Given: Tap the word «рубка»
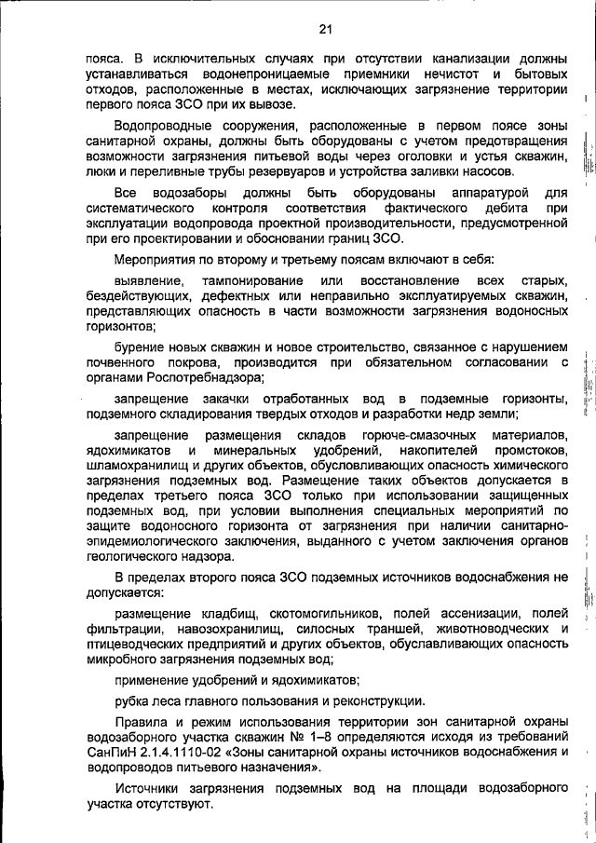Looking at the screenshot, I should (131, 701).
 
